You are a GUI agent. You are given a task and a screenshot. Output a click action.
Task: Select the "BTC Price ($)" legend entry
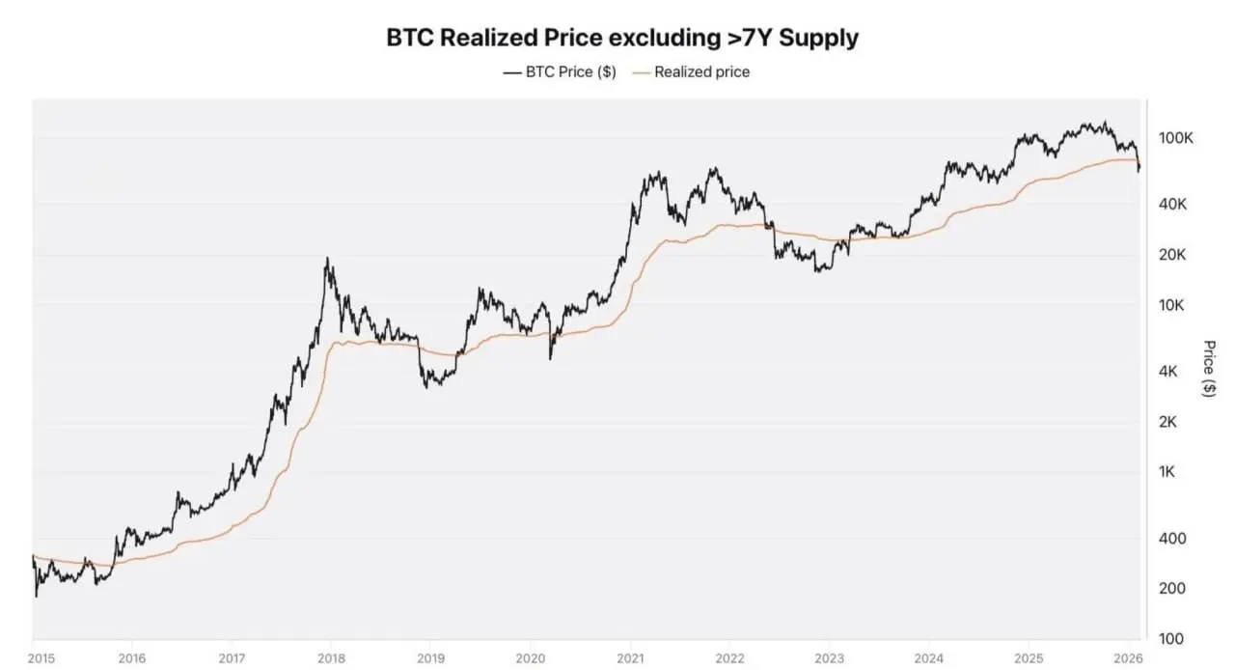[x=560, y=71]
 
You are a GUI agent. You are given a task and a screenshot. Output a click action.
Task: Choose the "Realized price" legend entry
[x=692, y=71]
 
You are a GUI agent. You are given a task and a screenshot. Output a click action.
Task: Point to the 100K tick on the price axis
[x=1175, y=138]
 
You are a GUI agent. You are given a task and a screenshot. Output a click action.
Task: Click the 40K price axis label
[x=1172, y=205]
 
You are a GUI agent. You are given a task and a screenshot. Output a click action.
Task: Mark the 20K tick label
[x=1172, y=255]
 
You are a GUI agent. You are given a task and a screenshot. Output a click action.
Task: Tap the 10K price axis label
[x=1171, y=305]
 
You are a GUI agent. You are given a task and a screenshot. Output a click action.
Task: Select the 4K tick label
[x=1167, y=372]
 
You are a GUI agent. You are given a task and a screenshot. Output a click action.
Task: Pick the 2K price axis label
[x=1167, y=422]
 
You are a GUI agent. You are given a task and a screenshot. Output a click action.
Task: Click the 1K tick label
[x=1166, y=472]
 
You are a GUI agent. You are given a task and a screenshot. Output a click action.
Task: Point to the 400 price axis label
[x=1172, y=538]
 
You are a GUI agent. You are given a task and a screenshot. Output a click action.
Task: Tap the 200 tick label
[x=1172, y=588]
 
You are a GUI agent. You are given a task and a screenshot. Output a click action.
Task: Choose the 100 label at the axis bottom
[x=1171, y=638]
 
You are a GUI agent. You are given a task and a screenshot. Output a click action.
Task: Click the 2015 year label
[x=41, y=658]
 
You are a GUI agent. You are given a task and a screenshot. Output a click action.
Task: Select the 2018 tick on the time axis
[x=331, y=658]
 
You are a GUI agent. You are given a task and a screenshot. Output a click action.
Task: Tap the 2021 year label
[x=630, y=658]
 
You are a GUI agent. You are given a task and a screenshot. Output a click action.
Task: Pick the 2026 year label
[x=1128, y=658]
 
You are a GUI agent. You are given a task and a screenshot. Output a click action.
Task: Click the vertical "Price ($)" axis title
[x=1209, y=368]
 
